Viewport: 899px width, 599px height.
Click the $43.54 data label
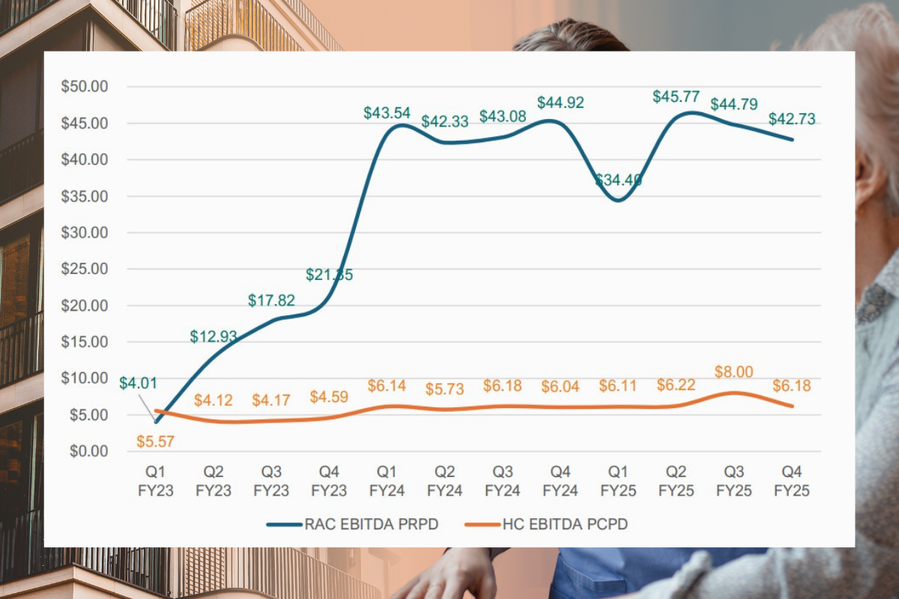coord(387,113)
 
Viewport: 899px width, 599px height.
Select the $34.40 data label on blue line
coord(618,180)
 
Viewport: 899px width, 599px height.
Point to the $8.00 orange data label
coord(734,372)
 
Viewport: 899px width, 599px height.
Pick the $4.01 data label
coord(138,384)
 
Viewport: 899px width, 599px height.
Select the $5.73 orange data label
coord(444,389)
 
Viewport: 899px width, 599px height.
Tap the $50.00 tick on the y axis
coord(85,86)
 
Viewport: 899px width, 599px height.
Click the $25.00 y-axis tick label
coord(85,269)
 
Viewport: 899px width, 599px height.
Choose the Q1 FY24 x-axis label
coord(387,481)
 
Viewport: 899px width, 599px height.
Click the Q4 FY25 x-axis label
coord(792,481)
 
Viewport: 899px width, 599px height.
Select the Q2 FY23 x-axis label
coord(214,481)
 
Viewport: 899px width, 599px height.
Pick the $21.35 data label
coord(329,275)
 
